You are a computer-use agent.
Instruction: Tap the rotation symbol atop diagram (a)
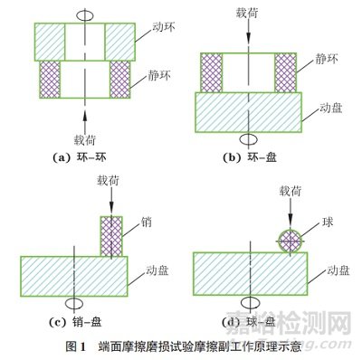tap(84, 15)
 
